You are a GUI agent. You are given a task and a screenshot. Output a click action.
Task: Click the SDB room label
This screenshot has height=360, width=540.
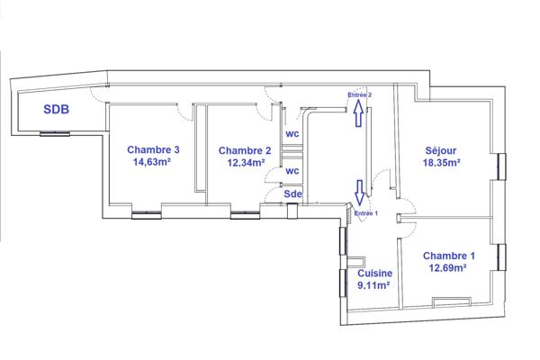[59, 111]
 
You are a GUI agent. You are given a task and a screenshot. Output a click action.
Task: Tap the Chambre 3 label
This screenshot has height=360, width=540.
[153, 150]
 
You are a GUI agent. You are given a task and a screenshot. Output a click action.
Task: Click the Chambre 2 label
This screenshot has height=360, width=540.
[244, 150]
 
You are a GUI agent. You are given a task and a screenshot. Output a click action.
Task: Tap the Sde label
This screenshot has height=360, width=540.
[292, 193]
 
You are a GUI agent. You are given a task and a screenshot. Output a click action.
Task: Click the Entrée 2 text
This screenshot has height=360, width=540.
[360, 94]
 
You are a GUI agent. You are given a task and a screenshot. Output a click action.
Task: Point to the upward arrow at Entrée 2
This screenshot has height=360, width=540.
[359, 112]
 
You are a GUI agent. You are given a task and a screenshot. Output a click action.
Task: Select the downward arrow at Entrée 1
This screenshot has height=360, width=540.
[361, 193]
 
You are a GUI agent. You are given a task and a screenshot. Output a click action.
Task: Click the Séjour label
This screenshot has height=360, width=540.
[443, 150]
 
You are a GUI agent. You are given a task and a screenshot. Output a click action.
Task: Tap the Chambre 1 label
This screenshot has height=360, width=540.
[448, 255]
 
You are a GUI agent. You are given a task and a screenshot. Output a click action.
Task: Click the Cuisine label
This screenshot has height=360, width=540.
[373, 274]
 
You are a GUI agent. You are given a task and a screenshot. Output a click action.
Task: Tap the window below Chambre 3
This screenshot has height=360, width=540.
[146, 215]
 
